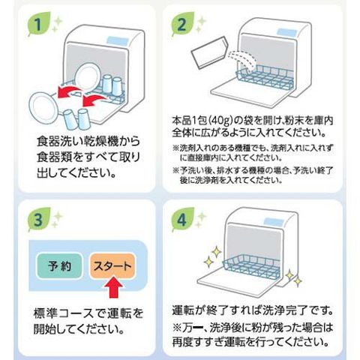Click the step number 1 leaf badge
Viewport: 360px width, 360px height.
38,25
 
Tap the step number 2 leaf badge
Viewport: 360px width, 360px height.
182,25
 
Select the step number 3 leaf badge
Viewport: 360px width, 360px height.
38,220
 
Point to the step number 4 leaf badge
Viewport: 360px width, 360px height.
182,220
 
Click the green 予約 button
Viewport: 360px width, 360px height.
59,266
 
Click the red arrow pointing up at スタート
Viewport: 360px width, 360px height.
113,287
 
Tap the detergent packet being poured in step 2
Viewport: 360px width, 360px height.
209,53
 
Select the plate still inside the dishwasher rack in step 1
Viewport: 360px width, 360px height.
88,77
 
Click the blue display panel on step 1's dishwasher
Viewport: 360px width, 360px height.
118,40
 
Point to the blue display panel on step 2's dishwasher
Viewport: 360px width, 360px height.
287,32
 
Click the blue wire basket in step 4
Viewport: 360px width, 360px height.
251,266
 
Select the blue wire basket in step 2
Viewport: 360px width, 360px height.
265,76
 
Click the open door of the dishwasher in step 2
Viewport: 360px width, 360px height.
250,94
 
